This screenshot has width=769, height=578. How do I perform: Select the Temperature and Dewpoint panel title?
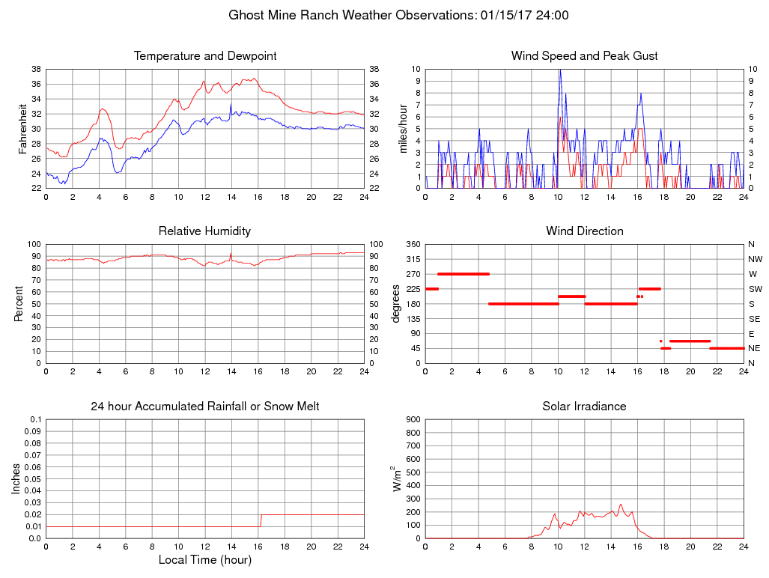[205, 56]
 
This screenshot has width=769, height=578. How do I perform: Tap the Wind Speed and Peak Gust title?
[584, 56]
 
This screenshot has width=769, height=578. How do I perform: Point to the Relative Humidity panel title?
[204, 231]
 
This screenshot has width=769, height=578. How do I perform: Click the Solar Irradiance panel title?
[584, 407]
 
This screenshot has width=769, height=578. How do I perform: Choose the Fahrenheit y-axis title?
[23, 129]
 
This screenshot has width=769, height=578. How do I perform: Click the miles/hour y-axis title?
[402, 129]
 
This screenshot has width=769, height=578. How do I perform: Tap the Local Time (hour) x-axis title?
[204, 560]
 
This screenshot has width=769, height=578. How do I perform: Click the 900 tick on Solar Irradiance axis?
[413, 419]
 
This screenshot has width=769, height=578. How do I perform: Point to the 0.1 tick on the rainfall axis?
[35, 419]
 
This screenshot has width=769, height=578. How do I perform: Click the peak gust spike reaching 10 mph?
[559, 71]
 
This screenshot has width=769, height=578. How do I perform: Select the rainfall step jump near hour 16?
[261, 520]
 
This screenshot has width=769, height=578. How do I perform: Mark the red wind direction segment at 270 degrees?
[463, 274]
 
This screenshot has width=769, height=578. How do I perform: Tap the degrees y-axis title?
[396, 303]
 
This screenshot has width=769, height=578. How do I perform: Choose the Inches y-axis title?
[16, 479]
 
